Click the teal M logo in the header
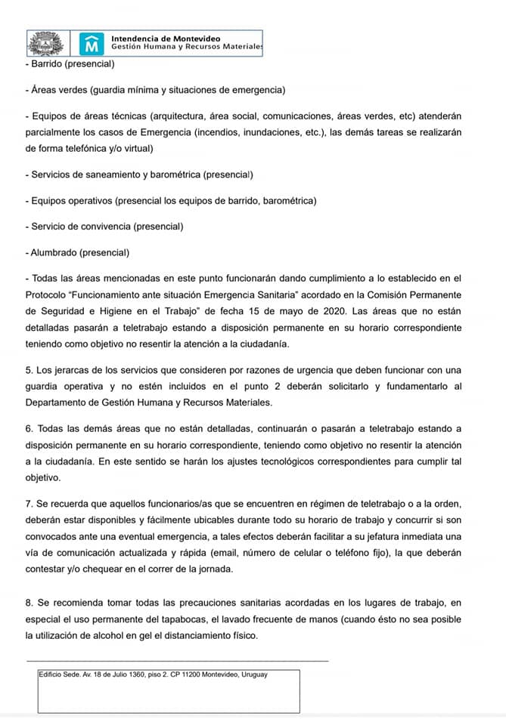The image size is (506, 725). [x=92, y=43]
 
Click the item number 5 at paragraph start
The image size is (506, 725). [x=28, y=370]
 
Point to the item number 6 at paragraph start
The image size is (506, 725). [x=28, y=429]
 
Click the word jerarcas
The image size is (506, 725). [x=70, y=370]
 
